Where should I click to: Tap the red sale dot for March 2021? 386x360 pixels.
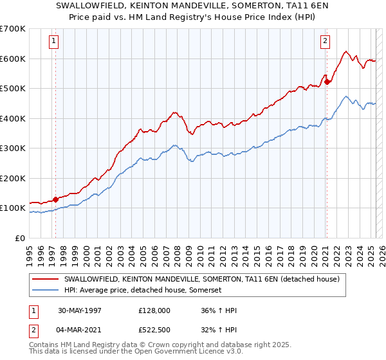(327, 82)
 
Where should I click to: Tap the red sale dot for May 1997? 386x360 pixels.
(55, 199)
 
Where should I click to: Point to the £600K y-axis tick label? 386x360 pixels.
(13, 59)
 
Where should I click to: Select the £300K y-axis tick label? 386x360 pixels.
(13, 148)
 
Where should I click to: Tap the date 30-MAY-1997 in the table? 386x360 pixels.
(80, 310)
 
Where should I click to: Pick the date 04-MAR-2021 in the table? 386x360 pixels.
(81, 330)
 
